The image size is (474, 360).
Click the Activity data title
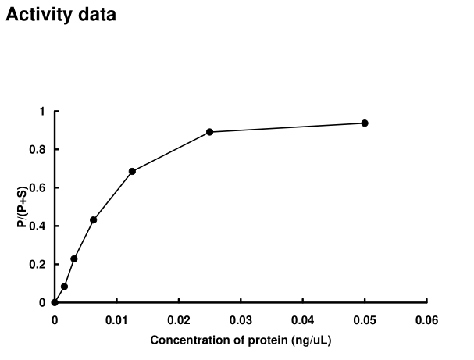61,15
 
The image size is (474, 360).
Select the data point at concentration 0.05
365,123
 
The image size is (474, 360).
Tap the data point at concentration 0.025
209,132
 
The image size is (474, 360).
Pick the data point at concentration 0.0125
132,171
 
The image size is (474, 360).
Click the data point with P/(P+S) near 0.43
93,219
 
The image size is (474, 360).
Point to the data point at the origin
54,302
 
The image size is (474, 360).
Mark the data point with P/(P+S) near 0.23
74,258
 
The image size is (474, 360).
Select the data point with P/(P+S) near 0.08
64,287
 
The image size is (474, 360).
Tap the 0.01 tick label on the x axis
116,319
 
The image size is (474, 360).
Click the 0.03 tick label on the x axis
241,319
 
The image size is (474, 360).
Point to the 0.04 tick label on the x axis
302,319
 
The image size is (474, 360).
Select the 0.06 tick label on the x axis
426,319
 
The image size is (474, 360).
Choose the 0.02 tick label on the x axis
178,319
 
